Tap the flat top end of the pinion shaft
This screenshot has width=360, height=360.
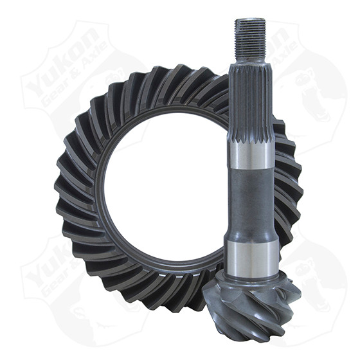click(250, 19)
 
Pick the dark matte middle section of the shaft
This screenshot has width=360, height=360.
click(250, 199)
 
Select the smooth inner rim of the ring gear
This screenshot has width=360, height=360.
click(109, 193)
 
